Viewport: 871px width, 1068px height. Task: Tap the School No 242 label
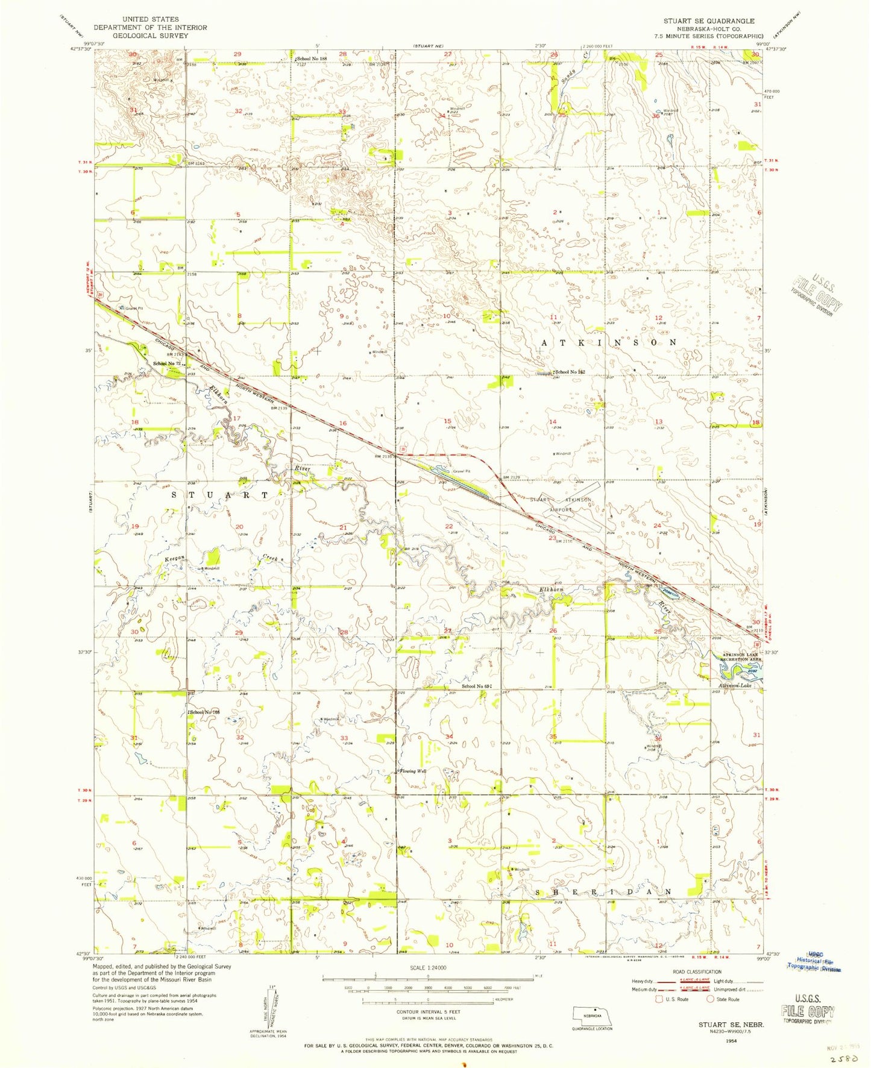tap(569, 372)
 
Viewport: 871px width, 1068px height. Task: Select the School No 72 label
tap(167, 363)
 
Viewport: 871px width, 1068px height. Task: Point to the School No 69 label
tap(476, 686)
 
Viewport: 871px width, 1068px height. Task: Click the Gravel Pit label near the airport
tap(461, 471)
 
